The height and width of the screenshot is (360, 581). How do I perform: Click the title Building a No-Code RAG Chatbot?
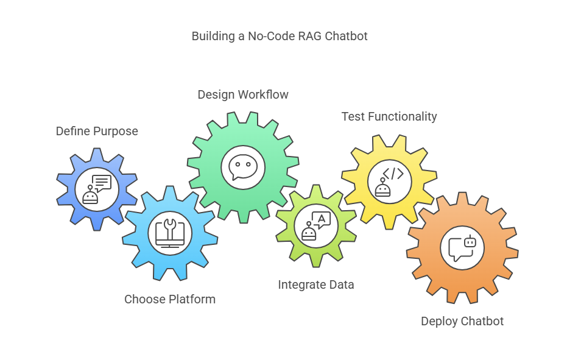coord(280,36)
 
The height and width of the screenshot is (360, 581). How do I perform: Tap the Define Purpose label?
coord(97,131)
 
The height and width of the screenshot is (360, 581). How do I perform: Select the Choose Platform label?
coord(170,299)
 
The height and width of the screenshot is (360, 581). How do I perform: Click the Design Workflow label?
coord(243,94)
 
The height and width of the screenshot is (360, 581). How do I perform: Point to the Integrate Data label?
coord(316,284)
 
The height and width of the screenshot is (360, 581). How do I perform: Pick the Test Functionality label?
coord(389,116)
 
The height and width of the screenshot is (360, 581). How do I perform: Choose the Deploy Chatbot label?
coord(462,321)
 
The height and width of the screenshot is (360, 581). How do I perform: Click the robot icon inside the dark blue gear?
coord(97,189)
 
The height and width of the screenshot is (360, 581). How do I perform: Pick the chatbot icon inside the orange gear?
coord(462,248)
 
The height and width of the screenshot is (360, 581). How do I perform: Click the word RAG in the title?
coord(309,36)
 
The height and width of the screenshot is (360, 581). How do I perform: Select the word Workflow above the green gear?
coord(264,94)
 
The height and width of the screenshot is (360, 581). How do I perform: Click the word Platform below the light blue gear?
coord(193,299)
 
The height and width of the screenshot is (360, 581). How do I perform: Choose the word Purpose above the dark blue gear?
coord(117,131)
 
